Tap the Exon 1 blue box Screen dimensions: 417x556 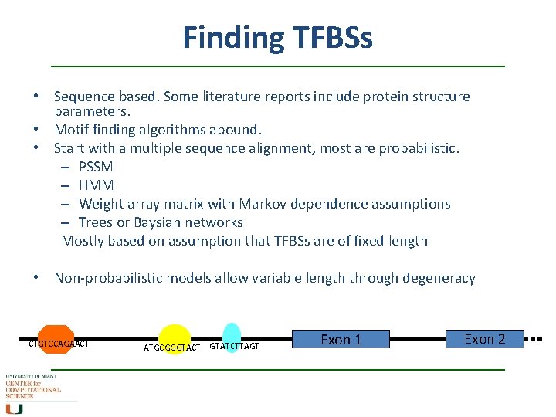tap(341, 340)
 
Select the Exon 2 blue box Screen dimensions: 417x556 tap(484, 339)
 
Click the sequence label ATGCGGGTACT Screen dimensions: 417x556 tap(172, 347)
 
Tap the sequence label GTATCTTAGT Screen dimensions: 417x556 tap(235, 347)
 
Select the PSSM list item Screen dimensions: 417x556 tap(97, 167)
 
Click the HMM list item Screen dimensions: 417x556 tap(97, 185)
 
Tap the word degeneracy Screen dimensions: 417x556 tap(437, 278)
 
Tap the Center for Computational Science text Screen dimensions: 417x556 tap(32, 388)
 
